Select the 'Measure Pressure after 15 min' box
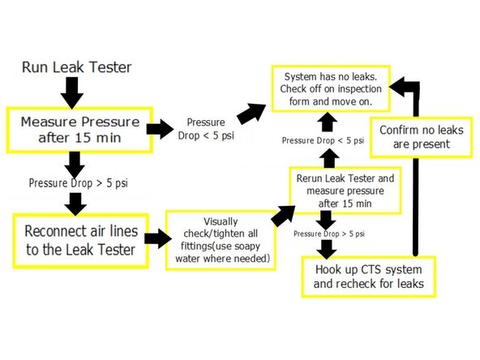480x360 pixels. tap(79, 128)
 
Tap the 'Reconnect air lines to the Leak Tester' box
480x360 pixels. tap(79, 238)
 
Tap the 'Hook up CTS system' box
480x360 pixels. tap(368, 277)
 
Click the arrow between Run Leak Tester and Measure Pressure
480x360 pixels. tap(72, 91)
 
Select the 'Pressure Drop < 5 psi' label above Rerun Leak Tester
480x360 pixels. tap(323, 141)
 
